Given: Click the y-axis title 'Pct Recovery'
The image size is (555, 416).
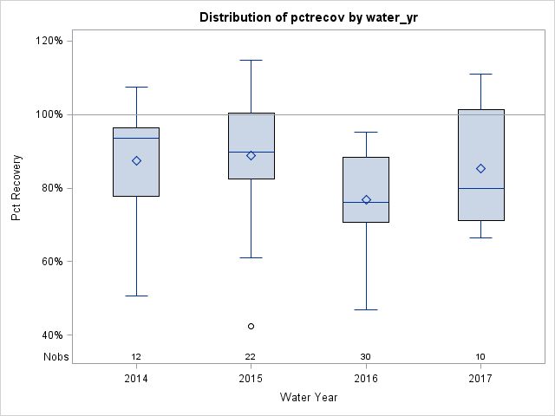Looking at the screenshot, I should (16, 188).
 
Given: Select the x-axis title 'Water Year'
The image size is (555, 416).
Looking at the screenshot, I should (309, 398).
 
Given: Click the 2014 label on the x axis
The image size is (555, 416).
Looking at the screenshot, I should (136, 379).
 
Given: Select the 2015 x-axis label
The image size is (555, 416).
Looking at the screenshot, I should (251, 379).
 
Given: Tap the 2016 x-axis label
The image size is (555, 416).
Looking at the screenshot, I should (366, 379).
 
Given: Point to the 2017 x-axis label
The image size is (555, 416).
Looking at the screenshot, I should (480, 379).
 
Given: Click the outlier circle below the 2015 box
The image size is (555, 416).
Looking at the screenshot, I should (251, 327).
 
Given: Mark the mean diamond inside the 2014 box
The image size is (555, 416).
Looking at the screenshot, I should (136, 161).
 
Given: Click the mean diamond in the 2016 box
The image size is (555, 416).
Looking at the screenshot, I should (366, 199).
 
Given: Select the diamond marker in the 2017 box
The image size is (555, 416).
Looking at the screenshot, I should (480, 168).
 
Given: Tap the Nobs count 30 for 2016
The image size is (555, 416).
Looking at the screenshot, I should (366, 357).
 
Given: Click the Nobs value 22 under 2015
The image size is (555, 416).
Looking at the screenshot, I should (251, 357).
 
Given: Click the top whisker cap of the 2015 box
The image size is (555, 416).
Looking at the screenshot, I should (251, 61).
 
